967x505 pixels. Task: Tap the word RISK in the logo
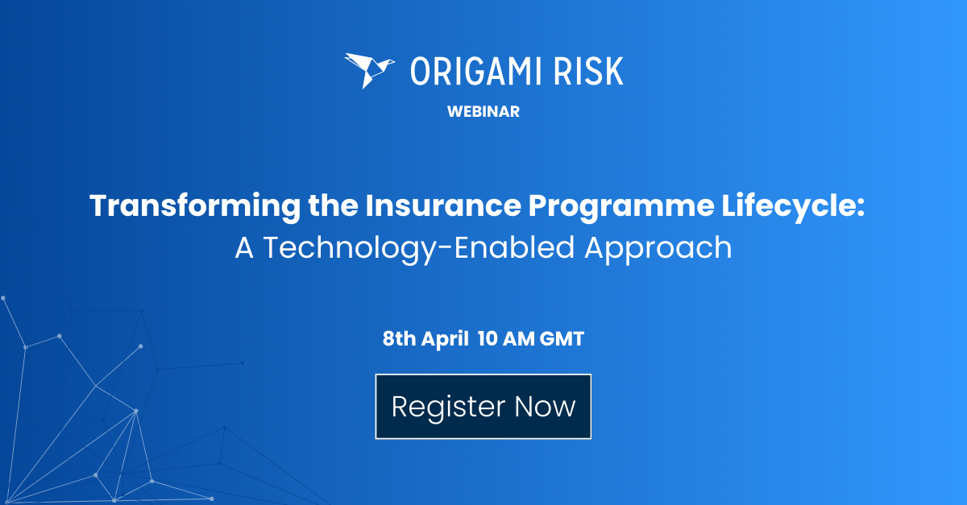(x=588, y=71)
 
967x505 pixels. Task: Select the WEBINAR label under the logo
(x=483, y=112)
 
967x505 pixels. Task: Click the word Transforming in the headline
(x=195, y=206)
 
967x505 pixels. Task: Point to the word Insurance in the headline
(x=443, y=205)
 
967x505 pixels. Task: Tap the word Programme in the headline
(x=621, y=207)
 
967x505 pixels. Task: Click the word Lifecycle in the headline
(x=787, y=206)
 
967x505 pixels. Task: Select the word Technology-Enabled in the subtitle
(x=419, y=249)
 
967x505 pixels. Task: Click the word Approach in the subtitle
(x=658, y=249)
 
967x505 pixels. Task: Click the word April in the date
(x=445, y=339)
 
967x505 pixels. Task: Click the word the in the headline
(x=333, y=205)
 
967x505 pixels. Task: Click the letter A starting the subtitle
(x=244, y=248)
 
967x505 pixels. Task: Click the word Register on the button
(x=448, y=408)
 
